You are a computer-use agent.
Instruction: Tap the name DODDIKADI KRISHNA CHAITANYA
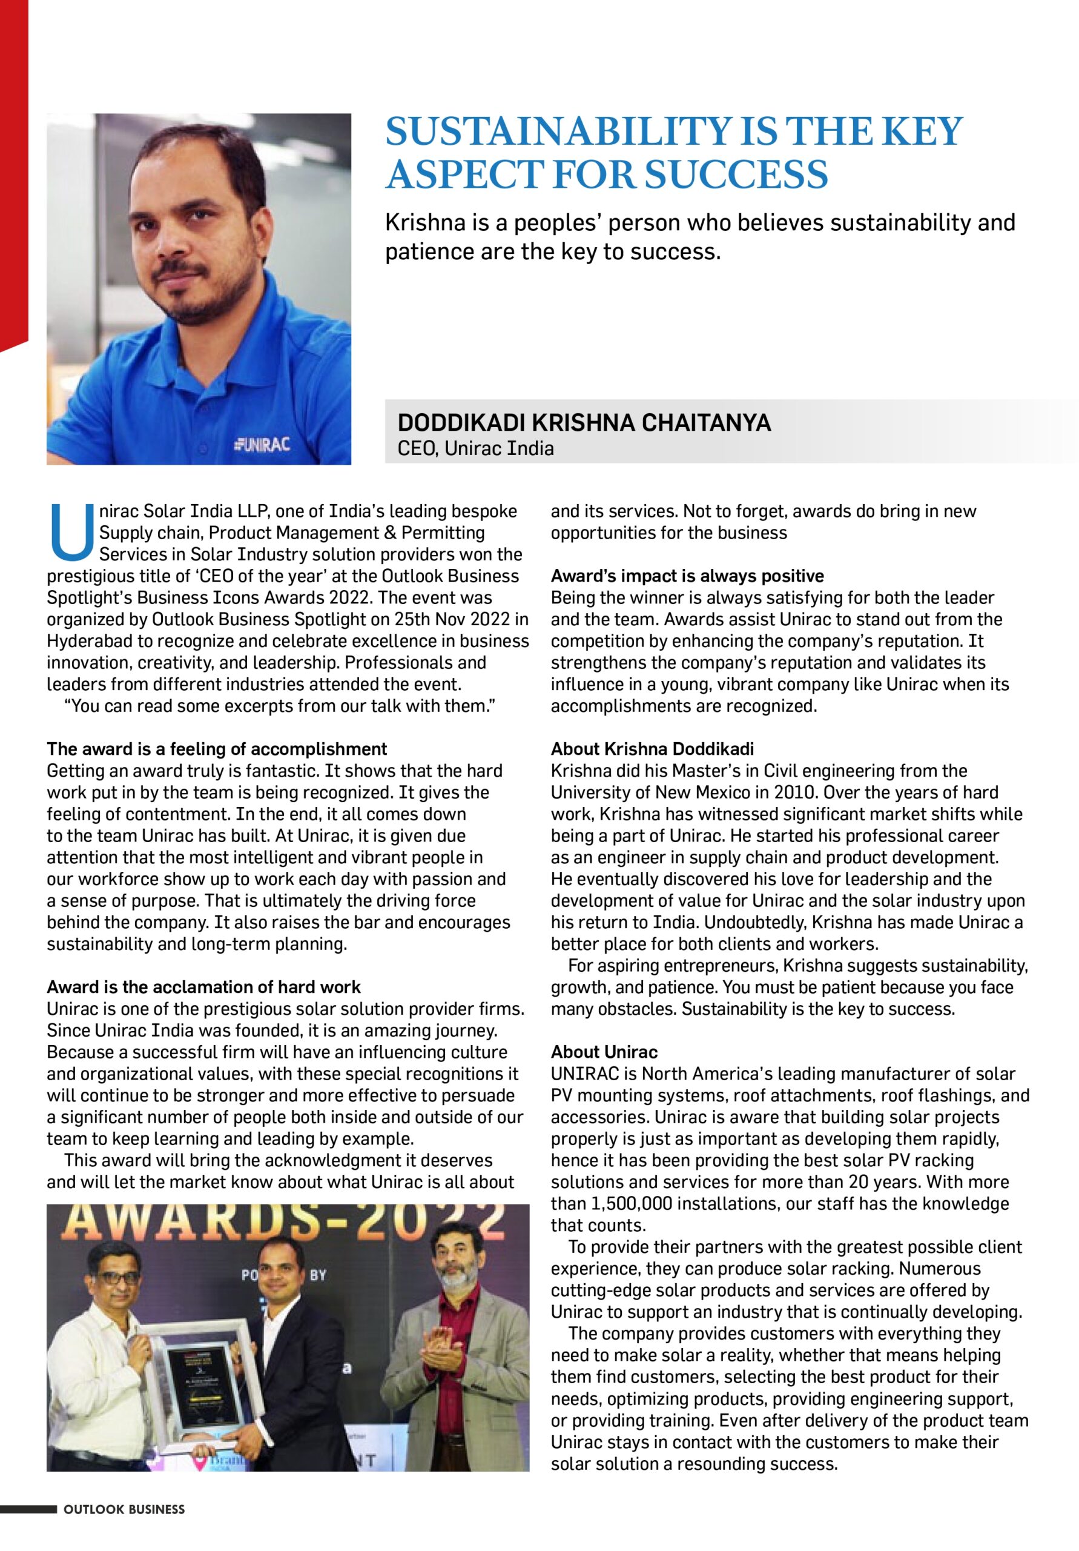click(x=583, y=423)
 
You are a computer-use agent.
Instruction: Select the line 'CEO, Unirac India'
click(x=475, y=448)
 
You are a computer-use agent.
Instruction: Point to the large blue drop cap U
click(x=71, y=533)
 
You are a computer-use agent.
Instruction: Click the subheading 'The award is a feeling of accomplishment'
click(x=217, y=749)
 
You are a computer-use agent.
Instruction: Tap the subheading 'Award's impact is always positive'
click(x=687, y=576)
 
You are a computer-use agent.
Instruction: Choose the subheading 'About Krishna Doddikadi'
click(x=652, y=749)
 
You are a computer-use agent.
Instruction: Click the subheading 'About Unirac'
click(x=604, y=1052)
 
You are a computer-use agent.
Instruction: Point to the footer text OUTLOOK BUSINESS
click(x=124, y=1528)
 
